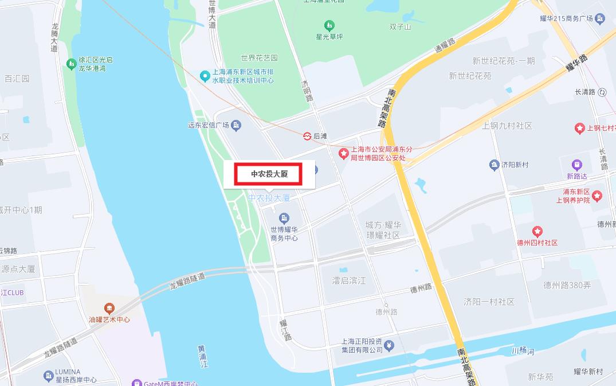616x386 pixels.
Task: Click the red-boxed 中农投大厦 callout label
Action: click(x=268, y=174)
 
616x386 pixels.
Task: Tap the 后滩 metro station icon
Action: click(x=308, y=136)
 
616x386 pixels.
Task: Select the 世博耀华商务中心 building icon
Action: click(x=284, y=218)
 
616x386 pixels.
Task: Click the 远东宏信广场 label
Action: click(x=208, y=126)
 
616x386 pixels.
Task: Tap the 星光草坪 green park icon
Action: click(x=329, y=26)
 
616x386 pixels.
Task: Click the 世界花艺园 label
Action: click(x=259, y=58)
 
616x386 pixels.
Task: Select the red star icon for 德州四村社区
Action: click(x=537, y=232)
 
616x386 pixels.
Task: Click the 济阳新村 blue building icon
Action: click(x=494, y=165)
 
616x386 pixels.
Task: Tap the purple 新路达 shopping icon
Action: click(x=576, y=165)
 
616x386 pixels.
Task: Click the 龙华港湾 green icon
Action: click(x=72, y=64)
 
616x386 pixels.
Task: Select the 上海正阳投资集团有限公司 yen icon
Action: click(x=390, y=345)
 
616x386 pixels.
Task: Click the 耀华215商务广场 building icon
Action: click(x=600, y=20)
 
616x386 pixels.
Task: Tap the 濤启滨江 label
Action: click(x=349, y=280)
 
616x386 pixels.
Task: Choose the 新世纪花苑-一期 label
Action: click(x=504, y=61)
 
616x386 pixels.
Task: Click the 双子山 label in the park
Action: click(x=400, y=26)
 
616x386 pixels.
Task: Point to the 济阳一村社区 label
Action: click(x=489, y=302)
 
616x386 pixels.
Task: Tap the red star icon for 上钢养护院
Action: click(x=598, y=196)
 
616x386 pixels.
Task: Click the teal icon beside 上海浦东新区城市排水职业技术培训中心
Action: click(x=205, y=76)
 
